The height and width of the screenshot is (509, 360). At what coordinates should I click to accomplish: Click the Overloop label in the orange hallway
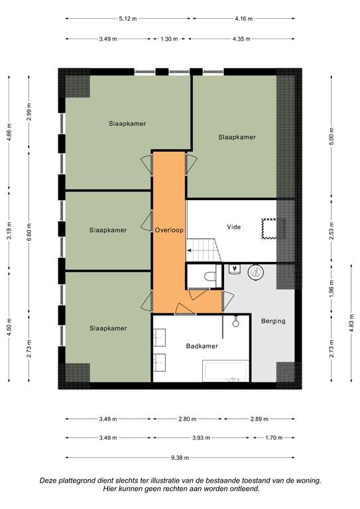[169, 230]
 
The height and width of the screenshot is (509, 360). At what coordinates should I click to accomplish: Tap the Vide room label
[234, 227]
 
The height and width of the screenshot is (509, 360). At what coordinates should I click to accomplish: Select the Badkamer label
[202, 346]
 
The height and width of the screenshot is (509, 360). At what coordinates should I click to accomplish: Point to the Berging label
[273, 321]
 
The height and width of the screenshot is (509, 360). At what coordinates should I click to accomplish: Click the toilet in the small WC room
[210, 276]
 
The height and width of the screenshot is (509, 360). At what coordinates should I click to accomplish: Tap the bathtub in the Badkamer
[226, 370]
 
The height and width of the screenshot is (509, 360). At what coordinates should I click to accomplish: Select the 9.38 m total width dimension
[180, 458]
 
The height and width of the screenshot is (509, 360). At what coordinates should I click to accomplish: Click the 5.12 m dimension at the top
[128, 19]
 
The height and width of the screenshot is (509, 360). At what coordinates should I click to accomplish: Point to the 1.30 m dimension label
[169, 39]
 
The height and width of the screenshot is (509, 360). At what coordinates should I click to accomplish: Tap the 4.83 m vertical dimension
[351, 323]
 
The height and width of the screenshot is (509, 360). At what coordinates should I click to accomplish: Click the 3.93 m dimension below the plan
[201, 437]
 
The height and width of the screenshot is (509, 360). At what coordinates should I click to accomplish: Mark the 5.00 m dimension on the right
[331, 137]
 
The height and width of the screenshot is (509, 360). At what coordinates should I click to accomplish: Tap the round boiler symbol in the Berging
[255, 272]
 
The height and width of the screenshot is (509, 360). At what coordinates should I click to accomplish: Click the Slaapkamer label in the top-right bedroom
[237, 137]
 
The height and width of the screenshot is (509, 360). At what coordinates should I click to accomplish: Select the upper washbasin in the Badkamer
[159, 337]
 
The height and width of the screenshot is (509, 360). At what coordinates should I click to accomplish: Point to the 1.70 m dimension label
[274, 437]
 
